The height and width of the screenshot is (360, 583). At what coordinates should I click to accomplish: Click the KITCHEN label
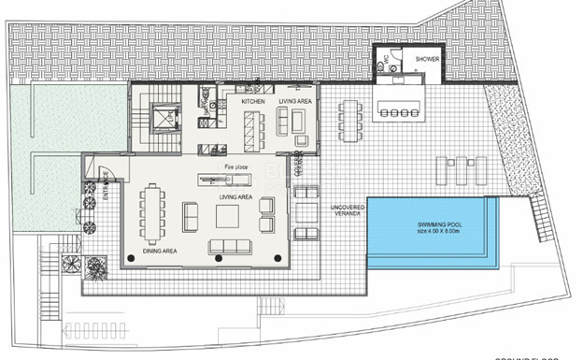253,100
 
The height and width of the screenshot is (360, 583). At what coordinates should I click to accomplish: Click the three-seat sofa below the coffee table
230,247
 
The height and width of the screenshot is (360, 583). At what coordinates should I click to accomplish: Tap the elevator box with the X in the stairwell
164,118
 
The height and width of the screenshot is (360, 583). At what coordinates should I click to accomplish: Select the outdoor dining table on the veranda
349,120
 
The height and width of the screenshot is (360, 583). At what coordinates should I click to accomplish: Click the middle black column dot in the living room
219,258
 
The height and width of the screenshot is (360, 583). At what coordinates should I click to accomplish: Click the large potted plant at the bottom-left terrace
95,268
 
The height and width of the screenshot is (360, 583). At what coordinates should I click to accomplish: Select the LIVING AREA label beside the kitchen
296,100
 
